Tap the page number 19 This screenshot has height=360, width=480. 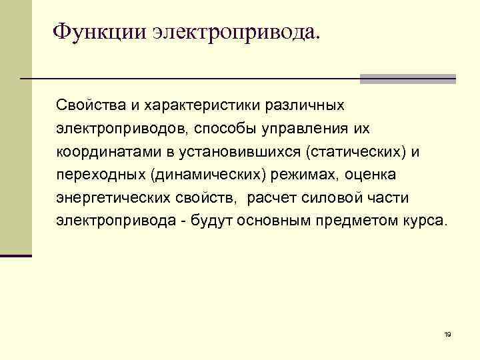coord(447,334)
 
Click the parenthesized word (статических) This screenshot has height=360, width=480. coord(355,151)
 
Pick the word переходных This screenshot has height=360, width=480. coord(100,175)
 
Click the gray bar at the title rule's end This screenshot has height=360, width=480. coord(407,79)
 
